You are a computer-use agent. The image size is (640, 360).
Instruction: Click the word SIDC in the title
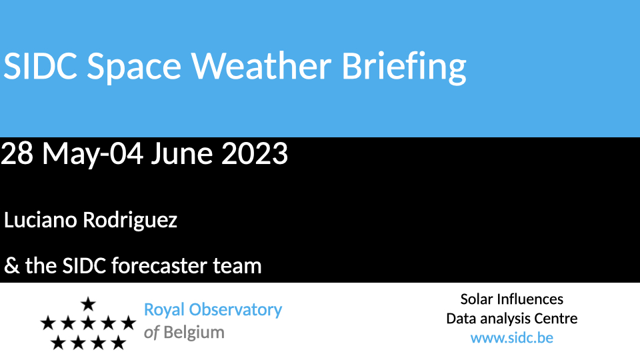[41, 66]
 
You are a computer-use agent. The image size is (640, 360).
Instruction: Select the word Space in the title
[134, 68]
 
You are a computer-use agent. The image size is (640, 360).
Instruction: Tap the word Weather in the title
[261, 65]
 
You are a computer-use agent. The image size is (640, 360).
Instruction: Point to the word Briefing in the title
[404, 67]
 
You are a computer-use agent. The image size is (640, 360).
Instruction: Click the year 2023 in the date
[254, 154]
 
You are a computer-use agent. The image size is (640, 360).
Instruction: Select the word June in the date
[182, 154]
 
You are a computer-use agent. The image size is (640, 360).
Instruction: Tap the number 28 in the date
[17, 154]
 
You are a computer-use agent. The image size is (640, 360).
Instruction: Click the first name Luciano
[41, 220]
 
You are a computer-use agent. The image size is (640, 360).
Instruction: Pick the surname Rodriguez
[130, 221]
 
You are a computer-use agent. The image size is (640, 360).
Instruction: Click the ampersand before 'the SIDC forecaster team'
[12, 266]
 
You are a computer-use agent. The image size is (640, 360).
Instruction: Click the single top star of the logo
[88, 304]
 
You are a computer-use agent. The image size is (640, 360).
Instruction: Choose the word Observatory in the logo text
[235, 311]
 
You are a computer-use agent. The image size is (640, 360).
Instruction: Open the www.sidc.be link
[512, 338]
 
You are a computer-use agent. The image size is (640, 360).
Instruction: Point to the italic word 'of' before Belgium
[151, 333]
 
